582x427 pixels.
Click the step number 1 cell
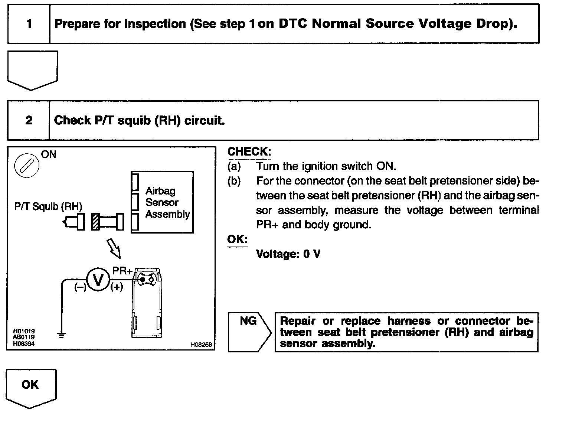(x=29, y=24)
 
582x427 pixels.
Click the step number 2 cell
(x=29, y=120)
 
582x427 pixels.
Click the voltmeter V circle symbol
(x=98, y=280)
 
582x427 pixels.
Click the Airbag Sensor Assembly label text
(x=167, y=202)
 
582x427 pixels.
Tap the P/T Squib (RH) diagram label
(x=48, y=206)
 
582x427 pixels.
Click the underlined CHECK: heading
(x=249, y=151)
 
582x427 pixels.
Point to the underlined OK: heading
(x=237, y=239)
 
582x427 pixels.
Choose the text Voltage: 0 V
(x=288, y=254)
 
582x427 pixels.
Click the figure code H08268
(x=201, y=345)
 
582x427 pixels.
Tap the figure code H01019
(x=24, y=331)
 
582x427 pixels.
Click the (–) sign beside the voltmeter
(x=80, y=287)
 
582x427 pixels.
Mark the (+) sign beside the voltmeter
(x=117, y=287)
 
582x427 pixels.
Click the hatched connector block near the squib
(x=96, y=222)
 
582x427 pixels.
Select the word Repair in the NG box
(x=298, y=321)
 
